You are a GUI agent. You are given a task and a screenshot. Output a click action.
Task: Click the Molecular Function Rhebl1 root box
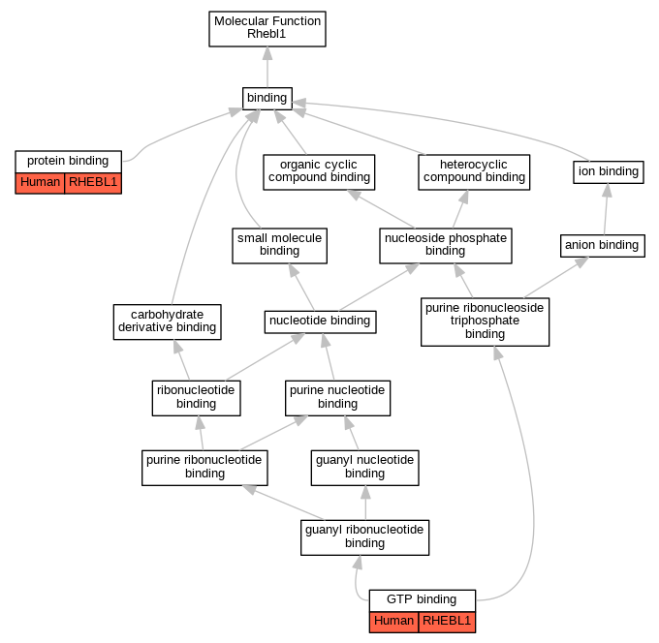[267, 29]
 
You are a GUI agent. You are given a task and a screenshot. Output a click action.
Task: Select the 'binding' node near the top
[267, 99]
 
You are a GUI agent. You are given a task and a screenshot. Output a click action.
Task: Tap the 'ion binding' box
[609, 172]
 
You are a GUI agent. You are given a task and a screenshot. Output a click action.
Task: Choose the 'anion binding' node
[603, 246]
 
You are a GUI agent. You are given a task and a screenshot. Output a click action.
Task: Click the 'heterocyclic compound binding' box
[474, 172]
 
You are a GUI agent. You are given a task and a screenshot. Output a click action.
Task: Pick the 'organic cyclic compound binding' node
[319, 172]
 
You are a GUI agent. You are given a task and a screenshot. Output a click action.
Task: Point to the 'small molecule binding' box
[279, 246]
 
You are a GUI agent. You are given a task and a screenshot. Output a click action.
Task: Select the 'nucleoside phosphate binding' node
[446, 246]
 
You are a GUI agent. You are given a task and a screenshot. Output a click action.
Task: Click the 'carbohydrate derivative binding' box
[168, 322]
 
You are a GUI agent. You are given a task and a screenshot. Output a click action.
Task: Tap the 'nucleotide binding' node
[320, 322]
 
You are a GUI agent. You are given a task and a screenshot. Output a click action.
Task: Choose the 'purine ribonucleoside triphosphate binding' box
[485, 322]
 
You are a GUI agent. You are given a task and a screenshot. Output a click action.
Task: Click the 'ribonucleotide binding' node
[197, 398]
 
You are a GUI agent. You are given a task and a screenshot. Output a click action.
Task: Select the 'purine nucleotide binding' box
[338, 398]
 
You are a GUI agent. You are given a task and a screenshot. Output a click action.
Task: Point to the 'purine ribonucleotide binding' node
[204, 468]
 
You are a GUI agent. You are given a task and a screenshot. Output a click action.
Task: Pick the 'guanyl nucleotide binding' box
[364, 468]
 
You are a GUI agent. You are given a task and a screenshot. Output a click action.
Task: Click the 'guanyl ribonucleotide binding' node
[364, 537]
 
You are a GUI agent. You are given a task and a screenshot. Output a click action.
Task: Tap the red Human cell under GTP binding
[394, 622]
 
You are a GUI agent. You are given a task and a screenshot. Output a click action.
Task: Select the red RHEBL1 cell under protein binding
[93, 183]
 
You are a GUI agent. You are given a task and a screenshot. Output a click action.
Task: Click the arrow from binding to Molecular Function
[267, 67]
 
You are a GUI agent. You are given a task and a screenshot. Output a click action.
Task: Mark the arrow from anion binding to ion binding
[606, 209]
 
